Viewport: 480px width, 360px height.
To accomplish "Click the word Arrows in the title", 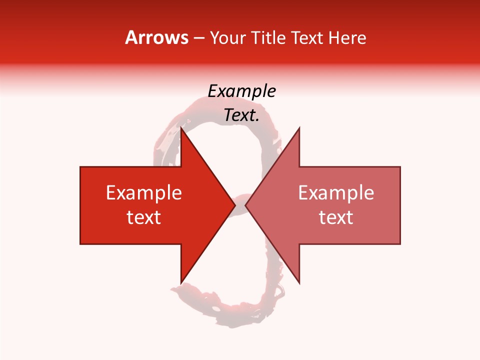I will [156, 37].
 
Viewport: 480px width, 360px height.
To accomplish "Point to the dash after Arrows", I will [198, 38].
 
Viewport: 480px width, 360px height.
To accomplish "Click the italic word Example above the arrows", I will [241, 91].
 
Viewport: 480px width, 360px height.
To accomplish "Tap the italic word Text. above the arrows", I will [241, 115].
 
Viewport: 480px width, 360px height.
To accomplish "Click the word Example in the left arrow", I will [144, 193].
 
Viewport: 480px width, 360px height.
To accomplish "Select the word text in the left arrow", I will [144, 217].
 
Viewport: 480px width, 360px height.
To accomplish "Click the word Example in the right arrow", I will [336, 193].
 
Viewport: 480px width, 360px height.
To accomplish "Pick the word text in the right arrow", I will [336, 217].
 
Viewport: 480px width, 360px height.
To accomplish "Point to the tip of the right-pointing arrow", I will [234, 205].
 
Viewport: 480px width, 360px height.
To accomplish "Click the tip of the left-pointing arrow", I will [245, 205].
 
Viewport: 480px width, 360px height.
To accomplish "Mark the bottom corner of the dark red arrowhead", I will [181, 283].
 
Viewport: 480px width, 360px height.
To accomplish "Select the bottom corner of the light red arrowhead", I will [299, 283].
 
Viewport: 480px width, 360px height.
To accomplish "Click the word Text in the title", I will [307, 38].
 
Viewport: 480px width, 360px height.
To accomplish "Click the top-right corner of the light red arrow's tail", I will [400, 167].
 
